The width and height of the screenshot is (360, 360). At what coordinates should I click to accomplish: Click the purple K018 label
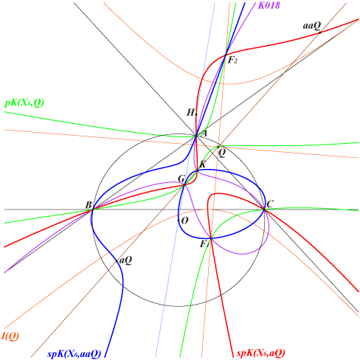tap(269, 5)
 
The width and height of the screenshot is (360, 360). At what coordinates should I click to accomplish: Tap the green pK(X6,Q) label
tap(24, 103)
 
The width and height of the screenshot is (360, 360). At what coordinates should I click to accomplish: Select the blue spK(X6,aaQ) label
tap(74, 354)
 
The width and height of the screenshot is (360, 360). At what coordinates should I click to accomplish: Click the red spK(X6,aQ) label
tap(260, 353)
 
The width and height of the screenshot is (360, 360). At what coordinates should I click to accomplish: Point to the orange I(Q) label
tap(10, 336)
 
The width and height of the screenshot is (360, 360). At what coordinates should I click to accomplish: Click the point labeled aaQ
tap(319, 32)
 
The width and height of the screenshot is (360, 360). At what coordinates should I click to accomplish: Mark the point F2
tap(226, 55)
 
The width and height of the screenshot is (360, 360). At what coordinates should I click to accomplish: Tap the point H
tap(196, 114)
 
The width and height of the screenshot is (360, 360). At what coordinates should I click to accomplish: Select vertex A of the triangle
tap(196, 136)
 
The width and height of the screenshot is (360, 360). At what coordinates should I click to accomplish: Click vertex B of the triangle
tap(92, 210)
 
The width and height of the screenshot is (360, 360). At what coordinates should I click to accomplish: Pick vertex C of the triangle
tap(264, 210)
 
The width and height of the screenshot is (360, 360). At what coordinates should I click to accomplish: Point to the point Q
tap(218, 147)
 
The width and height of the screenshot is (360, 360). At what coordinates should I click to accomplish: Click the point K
tap(197, 170)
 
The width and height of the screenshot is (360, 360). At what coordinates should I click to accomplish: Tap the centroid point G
tap(184, 185)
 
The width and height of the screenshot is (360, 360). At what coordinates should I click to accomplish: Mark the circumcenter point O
tap(179, 220)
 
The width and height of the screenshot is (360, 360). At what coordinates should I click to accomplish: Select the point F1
tap(211, 238)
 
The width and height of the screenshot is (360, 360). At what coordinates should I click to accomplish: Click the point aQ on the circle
tap(117, 261)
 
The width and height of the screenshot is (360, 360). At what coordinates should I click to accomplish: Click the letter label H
tap(190, 113)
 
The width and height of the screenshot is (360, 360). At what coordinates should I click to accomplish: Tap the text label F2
tap(232, 60)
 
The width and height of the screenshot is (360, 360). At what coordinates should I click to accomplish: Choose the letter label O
tap(184, 221)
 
